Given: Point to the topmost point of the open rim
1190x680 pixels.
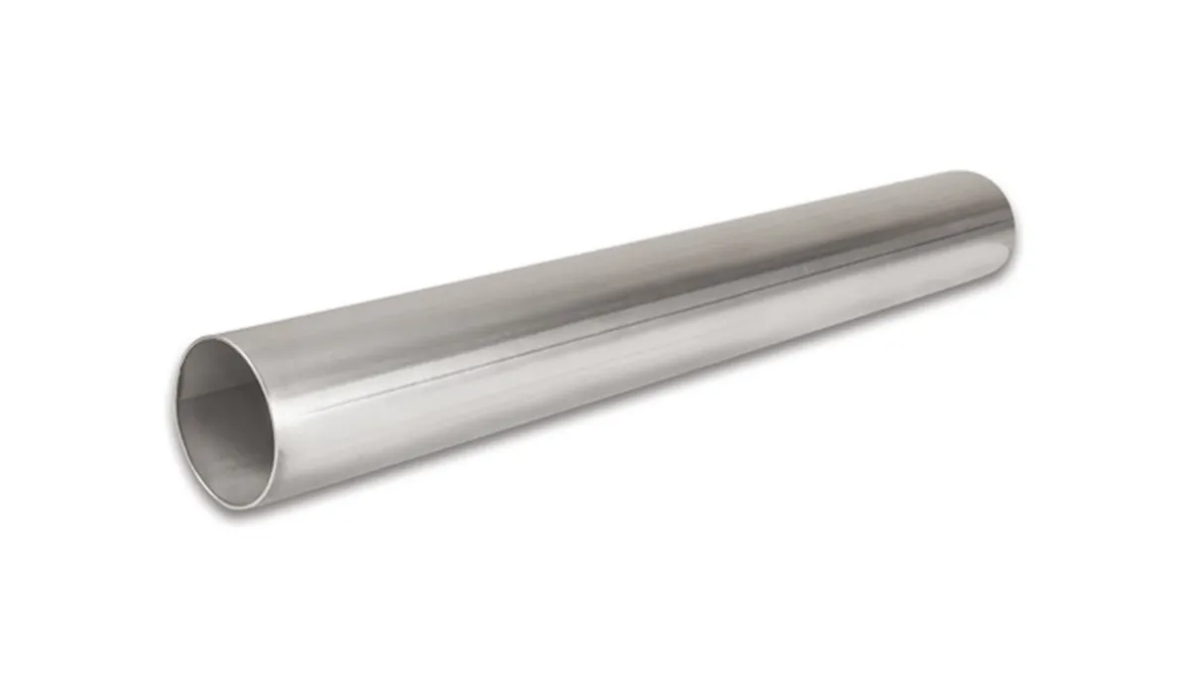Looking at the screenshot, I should pos(213,338).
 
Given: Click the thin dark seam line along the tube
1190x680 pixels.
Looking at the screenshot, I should pos(615,317).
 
